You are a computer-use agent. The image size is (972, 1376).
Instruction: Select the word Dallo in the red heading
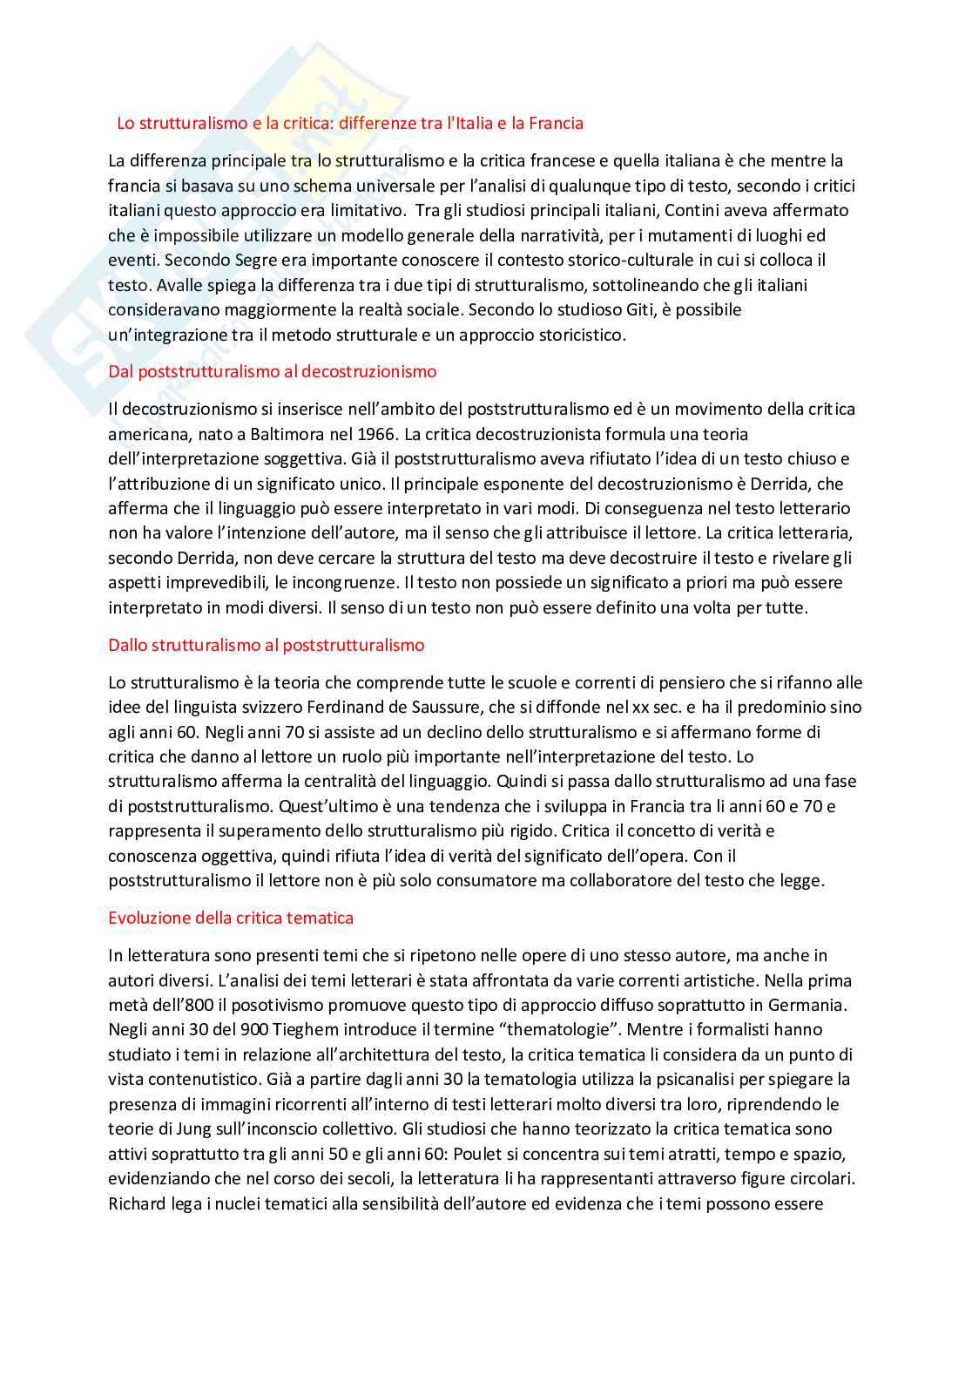tap(127, 645)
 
